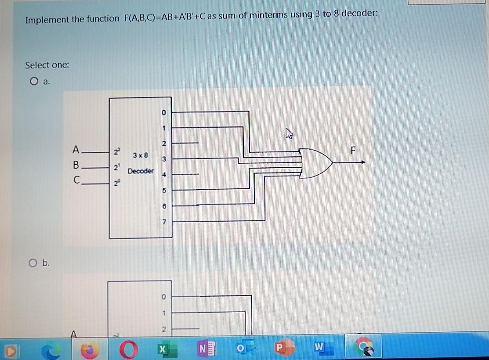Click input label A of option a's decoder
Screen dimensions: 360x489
76,150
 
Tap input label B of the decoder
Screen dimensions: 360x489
76,166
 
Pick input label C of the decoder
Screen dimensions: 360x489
76,180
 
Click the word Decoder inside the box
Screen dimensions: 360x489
141,171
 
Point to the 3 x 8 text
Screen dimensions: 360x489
141,155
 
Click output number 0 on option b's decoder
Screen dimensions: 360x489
163,297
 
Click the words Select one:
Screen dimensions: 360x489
47,65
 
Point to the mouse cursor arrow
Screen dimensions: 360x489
289,132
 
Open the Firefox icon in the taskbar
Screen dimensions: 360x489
91,350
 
